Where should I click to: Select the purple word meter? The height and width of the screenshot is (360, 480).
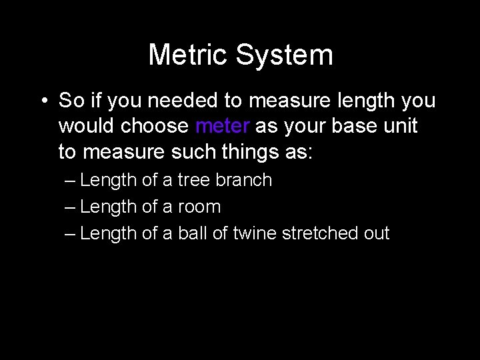223,126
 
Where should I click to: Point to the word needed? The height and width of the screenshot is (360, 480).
183,101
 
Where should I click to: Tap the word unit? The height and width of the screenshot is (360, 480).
397,126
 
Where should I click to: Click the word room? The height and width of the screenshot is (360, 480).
199,207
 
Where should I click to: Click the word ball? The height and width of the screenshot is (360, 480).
191,233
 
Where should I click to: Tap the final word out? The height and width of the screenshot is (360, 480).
377,233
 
